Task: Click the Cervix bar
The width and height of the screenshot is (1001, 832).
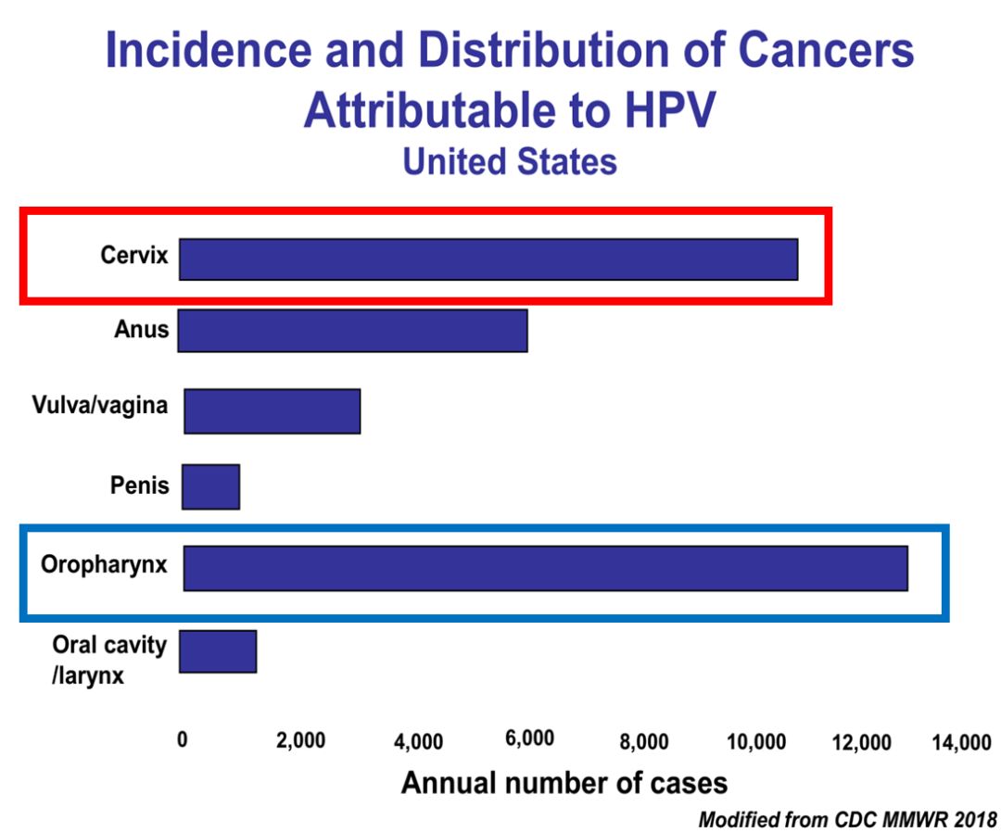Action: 488,259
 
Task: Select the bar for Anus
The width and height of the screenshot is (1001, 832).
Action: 352,331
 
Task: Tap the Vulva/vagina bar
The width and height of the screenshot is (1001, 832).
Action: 272,411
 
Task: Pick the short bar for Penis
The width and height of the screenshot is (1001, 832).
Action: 210,487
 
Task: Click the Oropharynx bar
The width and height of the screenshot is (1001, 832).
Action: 545,568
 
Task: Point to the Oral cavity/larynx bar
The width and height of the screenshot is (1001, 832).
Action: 217,651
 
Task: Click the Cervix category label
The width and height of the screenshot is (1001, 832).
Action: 134,256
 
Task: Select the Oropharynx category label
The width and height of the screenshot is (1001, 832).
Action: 104,564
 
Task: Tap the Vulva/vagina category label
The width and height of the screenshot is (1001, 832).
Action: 100,405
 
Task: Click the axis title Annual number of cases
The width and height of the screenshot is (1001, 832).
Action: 564,783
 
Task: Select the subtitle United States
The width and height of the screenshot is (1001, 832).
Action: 509,162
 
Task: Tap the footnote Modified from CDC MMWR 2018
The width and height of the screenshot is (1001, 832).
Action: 847,820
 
